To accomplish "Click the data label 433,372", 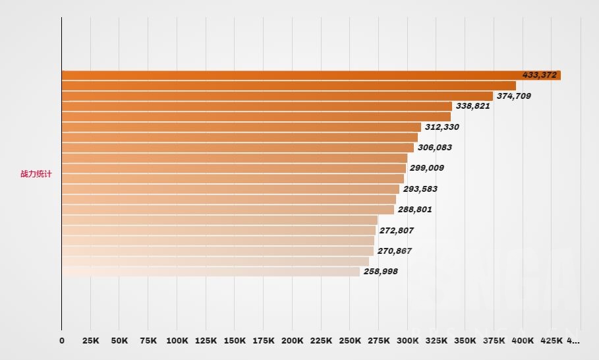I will (539, 75).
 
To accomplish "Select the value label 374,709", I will (513, 96).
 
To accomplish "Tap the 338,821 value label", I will (472, 106).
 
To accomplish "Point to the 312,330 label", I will (442, 127).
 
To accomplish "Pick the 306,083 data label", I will (435, 148).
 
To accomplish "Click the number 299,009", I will (426, 168).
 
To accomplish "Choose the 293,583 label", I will (420, 189).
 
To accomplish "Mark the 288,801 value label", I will (414, 210).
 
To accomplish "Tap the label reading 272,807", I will (396, 231).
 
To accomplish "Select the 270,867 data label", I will (395, 251).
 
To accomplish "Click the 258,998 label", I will (380, 272).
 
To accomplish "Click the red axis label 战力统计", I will (36, 175).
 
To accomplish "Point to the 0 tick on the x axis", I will (62, 341).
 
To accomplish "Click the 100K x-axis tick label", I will (177, 341).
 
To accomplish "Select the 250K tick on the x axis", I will (350, 341).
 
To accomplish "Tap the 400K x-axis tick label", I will (523, 341).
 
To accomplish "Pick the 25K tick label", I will (90, 341).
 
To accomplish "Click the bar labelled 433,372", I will (290, 75).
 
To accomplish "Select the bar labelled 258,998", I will (211, 272).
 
